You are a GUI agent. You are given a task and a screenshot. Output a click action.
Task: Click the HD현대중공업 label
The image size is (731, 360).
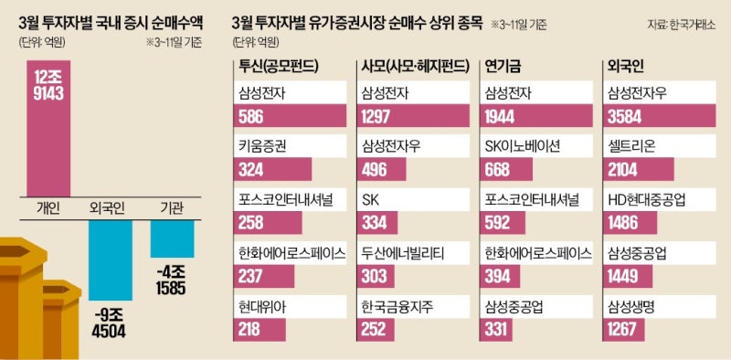pos(648,199)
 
